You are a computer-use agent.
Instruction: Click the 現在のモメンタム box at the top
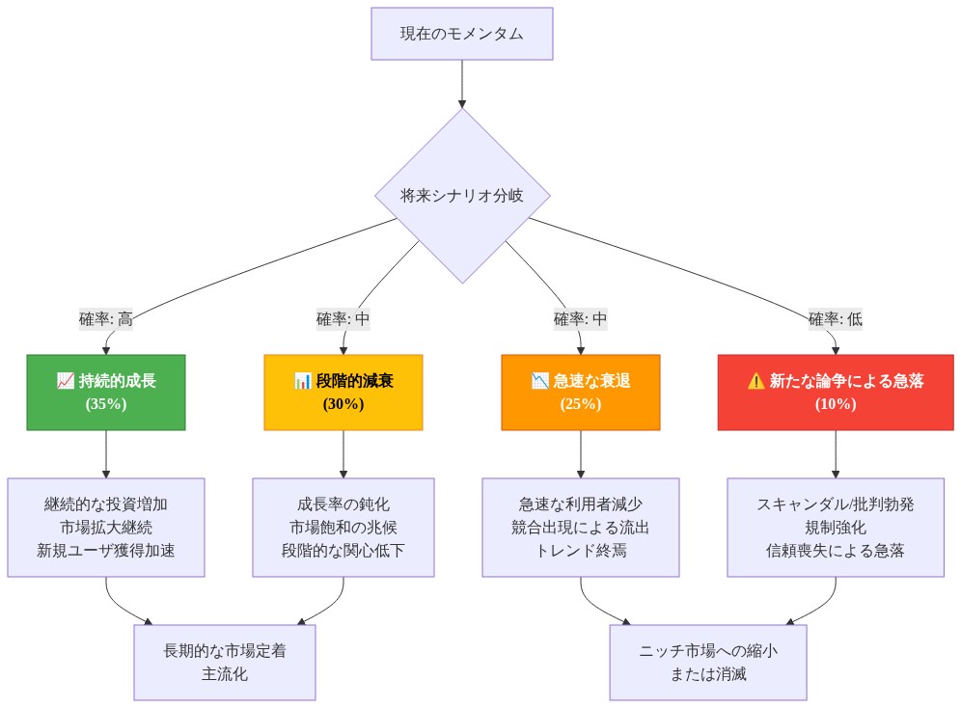[x=462, y=34]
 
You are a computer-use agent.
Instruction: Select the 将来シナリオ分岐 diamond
[x=462, y=195]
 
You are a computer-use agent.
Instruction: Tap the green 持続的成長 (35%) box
[x=106, y=392]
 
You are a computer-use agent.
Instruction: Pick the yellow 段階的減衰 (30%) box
[x=343, y=392]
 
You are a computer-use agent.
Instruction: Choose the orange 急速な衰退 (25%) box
[x=581, y=392]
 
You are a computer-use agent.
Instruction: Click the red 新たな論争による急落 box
[x=836, y=392]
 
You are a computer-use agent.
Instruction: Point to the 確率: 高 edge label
[x=106, y=319]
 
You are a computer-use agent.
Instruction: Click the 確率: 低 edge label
[x=836, y=319]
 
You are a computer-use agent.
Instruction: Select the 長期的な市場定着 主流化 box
[x=225, y=662]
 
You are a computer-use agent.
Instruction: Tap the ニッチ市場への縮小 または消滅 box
[x=708, y=662]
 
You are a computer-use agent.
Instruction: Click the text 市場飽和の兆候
[x=343, y=527]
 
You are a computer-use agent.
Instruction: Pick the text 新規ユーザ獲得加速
[x=106, y=550]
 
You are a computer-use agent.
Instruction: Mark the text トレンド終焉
[x=581, y=550]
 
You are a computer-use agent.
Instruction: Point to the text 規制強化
[x=836, y=527]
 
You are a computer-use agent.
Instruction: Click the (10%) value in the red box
[x=836, y=404]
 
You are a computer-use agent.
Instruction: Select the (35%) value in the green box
[x=106, y=404]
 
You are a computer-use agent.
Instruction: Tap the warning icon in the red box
[x=755, y=381]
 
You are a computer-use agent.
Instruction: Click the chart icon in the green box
[x=66, y=381]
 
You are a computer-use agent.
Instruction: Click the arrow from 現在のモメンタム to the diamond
[x=462, y=84]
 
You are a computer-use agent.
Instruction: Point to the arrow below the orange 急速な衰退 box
[x=581, y=454]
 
